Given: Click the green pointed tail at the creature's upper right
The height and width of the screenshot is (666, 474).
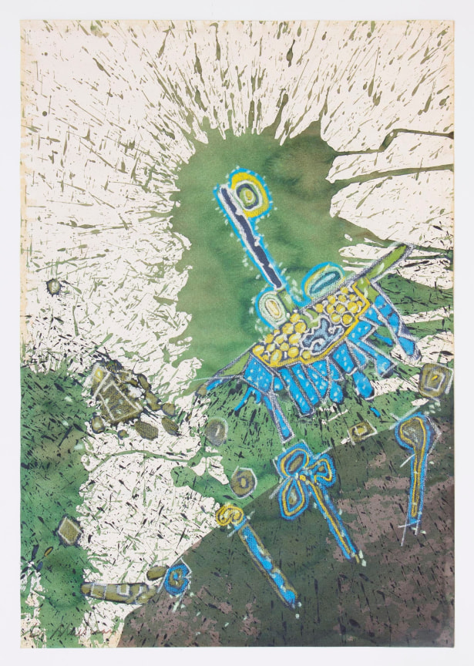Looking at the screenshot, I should click(x=389, y=257).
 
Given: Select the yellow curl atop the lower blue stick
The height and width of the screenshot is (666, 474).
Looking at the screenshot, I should click(x=228, y=513).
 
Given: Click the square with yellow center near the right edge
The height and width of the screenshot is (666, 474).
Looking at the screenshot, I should click(x=433, y=380).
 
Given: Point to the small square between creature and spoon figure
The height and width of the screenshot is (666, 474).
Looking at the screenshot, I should click(x=360, y=431).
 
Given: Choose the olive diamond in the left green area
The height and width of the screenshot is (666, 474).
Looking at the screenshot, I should click(x=69, y=530).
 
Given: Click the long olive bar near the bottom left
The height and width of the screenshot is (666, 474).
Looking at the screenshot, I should click(x=116, y=592).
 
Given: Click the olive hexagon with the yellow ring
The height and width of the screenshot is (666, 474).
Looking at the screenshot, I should click(x=244, y=483).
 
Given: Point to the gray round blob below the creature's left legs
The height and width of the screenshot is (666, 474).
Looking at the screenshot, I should click(x=216, y=432).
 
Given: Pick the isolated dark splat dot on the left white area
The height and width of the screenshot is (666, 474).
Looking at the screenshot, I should click(x=53, y=286).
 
